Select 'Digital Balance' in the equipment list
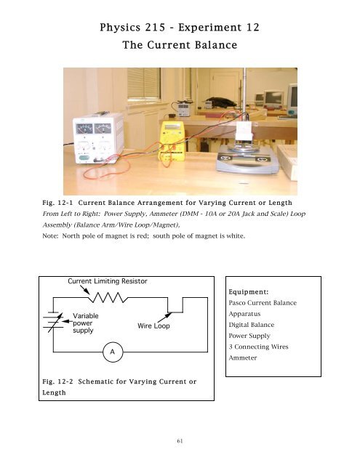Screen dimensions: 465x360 (252, 329)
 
